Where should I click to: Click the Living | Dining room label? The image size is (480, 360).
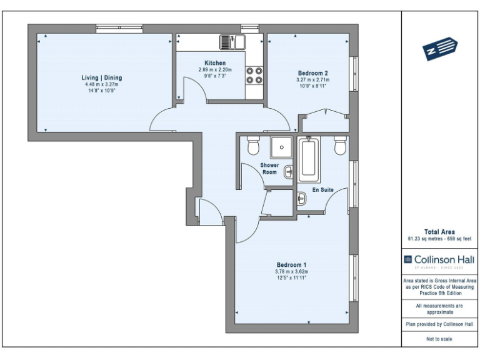(x=102, y=77)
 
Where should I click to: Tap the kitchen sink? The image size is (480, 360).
(x=232, y=42)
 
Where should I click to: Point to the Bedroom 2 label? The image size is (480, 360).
(x=312, y=73)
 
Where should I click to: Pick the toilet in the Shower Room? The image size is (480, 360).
(x=253, y=146)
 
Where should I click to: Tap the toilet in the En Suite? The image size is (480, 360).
(x=341, y=146)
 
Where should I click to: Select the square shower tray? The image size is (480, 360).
(x=282, y=147)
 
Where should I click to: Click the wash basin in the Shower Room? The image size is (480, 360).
(x=288, y=171)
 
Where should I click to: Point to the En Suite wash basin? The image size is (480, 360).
(x=302, y=199)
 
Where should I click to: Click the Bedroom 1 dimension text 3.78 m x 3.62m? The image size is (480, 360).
(x=291, y=272)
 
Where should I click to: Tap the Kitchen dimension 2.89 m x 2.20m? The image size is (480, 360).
(x=215, y=69)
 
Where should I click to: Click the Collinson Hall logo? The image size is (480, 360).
(x=439, y=259)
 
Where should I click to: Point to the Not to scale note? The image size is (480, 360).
(x=439, y=339)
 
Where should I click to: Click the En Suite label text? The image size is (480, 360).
(x=322, y=189)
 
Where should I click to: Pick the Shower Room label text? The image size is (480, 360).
(x=269, y=168)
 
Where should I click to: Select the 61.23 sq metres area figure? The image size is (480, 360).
(x=424, y=239)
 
